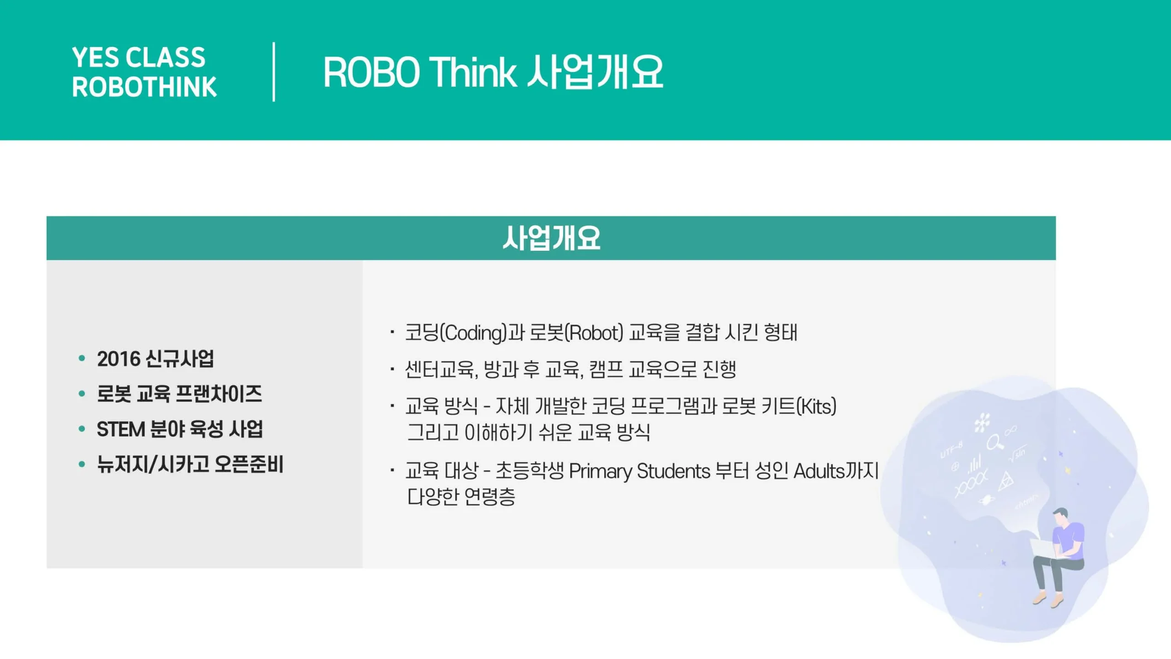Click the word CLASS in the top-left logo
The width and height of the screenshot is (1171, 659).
[x=166, y=57]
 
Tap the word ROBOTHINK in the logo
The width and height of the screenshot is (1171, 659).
[x=144, y=86]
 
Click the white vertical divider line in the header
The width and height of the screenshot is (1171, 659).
[x=274, y=72]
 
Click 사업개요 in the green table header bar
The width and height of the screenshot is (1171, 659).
[x=551, y=238]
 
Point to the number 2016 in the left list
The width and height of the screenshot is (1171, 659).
[x=118, y=359]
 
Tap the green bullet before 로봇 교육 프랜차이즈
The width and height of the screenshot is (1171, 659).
[x=82, y=394]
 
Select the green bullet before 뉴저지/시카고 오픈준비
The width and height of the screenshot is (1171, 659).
[x=82, y=465]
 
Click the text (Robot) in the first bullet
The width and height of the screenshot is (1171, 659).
[x=594, y=333]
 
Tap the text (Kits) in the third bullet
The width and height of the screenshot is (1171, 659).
[x=816, y=406]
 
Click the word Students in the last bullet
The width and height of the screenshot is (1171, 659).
[x=673, y=470]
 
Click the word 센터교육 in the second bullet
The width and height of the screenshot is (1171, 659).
[x=439, y=369]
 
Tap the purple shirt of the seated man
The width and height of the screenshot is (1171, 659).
[x=1069, y=540]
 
